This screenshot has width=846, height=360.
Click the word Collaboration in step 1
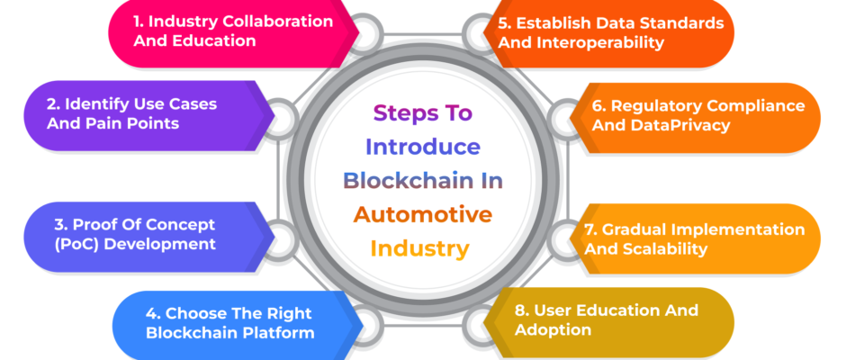pos(278,22)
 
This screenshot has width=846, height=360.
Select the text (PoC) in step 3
pos(76,244)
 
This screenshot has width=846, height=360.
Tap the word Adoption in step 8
pos(545,329)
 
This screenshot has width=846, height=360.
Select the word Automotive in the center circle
pos(423,214)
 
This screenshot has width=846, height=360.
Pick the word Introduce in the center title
pos(423,147)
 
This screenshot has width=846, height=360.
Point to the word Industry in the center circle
pos(419,248)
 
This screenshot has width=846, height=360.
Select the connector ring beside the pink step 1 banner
pos(365,33)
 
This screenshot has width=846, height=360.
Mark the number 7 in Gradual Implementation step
pos(589,229)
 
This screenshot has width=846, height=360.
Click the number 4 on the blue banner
pos(151,313)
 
